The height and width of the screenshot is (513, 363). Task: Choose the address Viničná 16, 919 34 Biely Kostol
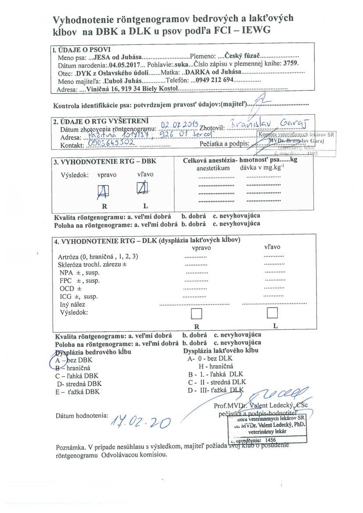coord(132,89)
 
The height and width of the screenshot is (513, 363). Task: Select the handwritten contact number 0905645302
coord(113,143)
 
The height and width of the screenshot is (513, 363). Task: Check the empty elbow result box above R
coord(196,313)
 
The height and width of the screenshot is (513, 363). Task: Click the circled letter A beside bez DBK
coord(57,359)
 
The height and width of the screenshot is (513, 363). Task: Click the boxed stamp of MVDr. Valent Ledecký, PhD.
coord(268,428)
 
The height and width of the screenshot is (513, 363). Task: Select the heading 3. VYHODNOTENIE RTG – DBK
coord(105,161)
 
